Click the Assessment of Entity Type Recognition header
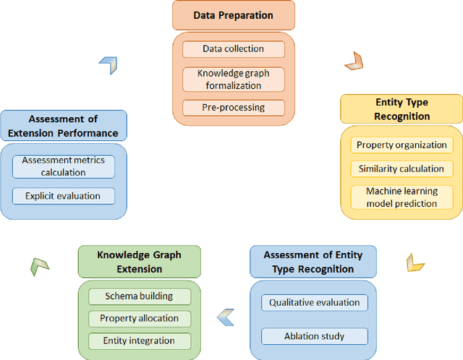coord(313,262)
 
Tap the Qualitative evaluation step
coord(314,302)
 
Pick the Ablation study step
coord(314,335)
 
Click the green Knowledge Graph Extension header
coord(140,262)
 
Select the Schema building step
coord(140,296)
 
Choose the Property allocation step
coord(140,318)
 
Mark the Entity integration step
coord(140,340)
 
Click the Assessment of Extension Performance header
coord(63,126)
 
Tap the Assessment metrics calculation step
coord(64,166)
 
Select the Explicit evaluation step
coord(64,195)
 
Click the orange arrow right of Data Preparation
coord(353,61)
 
